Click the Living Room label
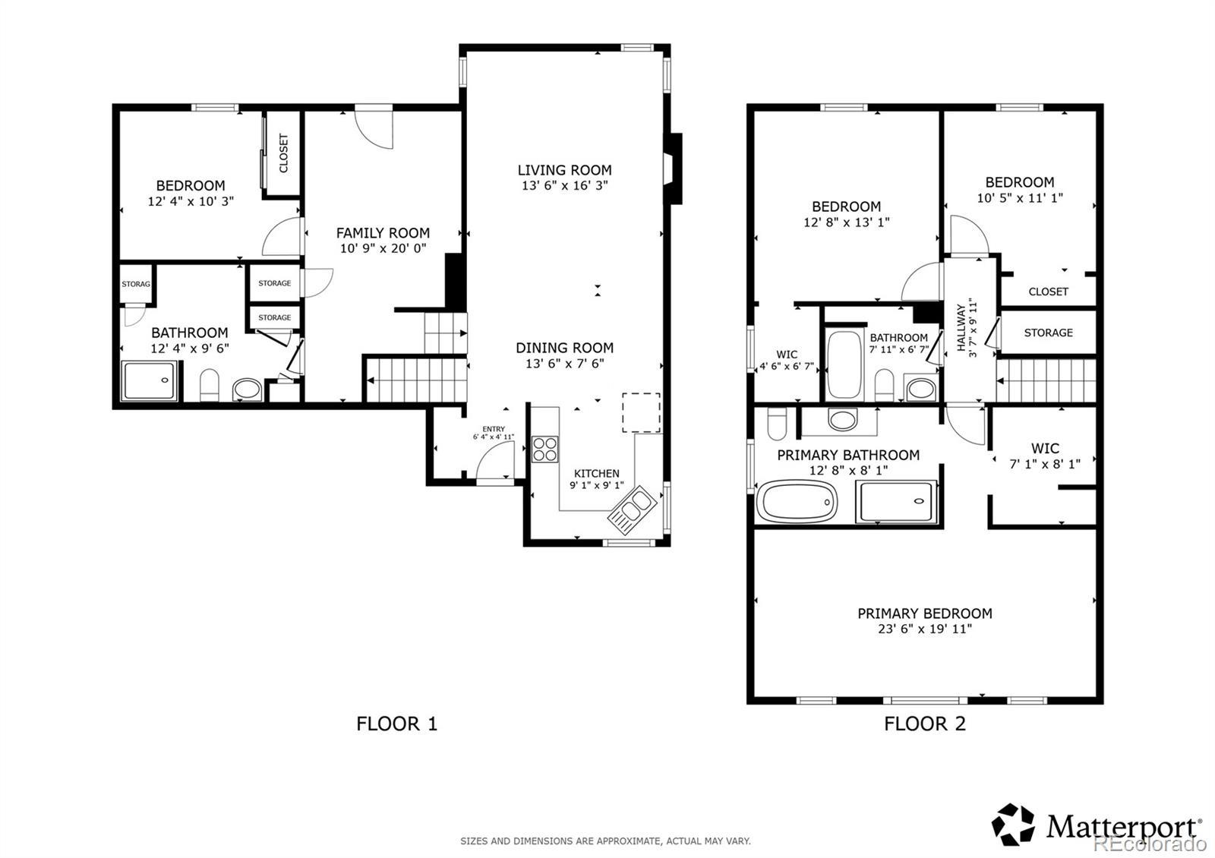(565, 170)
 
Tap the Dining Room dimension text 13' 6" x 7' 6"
(565, 364)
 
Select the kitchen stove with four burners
(545, 449)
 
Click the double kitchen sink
(632, 509)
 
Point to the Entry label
(494, 429)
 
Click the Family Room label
(383, 233)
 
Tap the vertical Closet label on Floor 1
(283, 153)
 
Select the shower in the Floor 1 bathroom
(149, 380)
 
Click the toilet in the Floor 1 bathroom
(210, 385)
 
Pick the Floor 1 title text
(396, 724)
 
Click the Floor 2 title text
(925, 724)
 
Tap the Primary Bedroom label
(925, 614)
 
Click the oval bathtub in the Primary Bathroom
(797, 502)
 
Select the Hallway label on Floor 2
(961, 327)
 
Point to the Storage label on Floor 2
(1049, 333)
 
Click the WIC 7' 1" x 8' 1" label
(1045, 456)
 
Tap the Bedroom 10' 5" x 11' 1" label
(1020, 190)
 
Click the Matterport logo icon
(1013, 825)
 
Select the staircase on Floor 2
(1046, 380)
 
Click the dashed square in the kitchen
(641, 413)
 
